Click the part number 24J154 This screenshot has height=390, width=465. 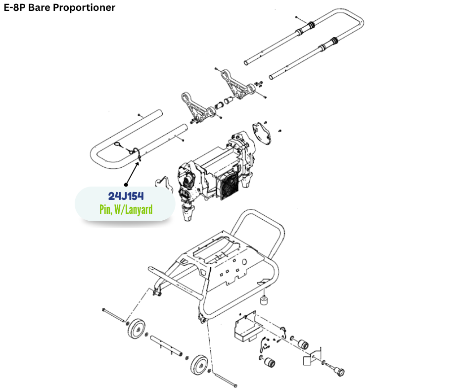pyautogui.click(x=126, y=196)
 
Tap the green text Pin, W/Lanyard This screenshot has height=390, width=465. pyautogui.click(x=126, y=209)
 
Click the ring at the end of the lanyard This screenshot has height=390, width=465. pyautogui.click(x=119, y=145)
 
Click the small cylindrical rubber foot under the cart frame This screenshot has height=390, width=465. pyautogui.click(x=266, y=300)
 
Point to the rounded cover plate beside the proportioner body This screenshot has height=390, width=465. pyautogui.click(x=262, y=133)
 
